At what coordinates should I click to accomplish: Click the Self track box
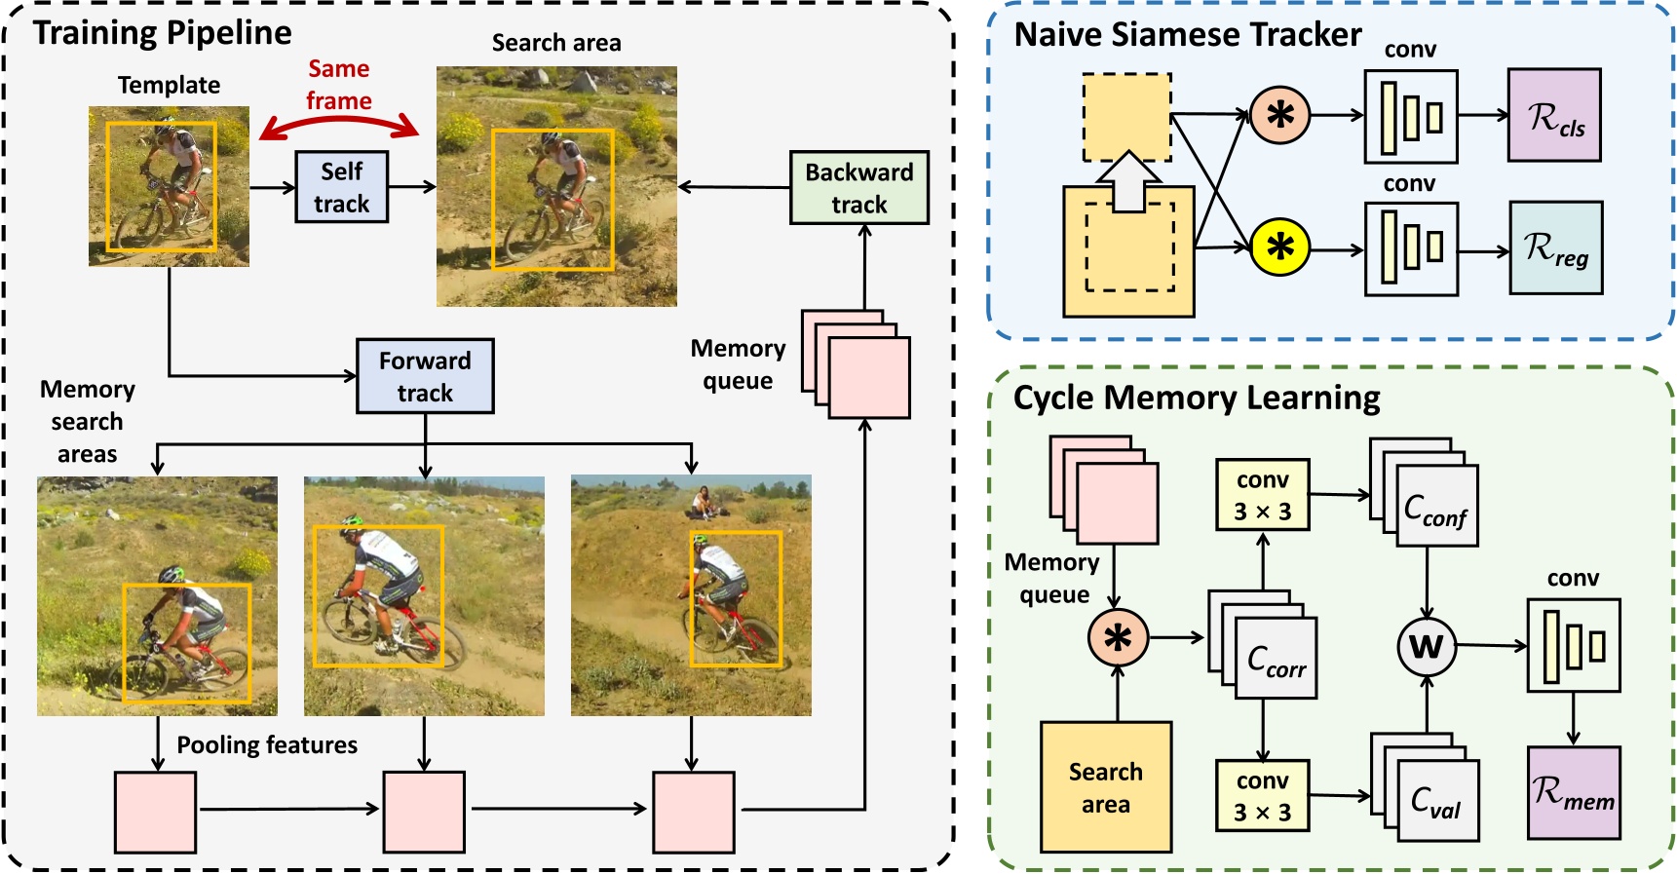341,187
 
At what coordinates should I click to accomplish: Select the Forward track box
425,376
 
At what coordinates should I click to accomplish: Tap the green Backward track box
858,188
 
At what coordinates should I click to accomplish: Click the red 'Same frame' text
339,85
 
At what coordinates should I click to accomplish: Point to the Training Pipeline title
163,32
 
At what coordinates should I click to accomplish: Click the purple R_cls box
1554,115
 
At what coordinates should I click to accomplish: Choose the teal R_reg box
1555,248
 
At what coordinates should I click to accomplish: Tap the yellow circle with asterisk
1279,247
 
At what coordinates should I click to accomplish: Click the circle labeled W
1427,646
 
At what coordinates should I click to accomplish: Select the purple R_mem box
1573,793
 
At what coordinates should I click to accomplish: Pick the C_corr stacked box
1276,658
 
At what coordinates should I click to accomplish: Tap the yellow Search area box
1105,787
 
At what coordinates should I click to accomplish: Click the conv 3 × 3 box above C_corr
1262,495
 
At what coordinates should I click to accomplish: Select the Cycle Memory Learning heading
1196,398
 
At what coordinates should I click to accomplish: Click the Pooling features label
267,744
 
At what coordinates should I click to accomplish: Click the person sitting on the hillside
701,502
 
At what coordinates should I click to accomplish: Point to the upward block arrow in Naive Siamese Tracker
1126,182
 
